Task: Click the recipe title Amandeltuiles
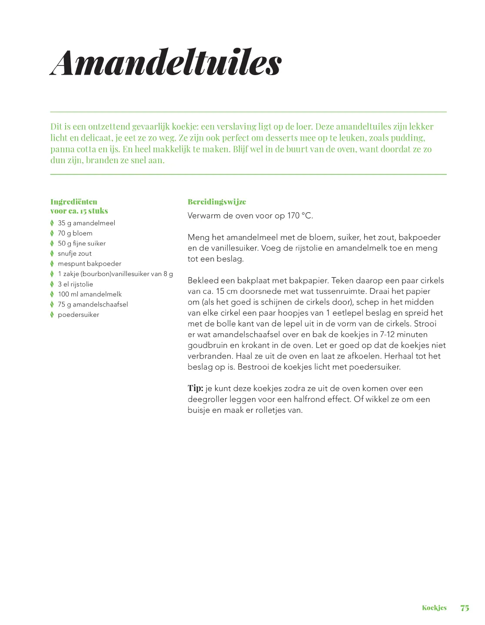[x=166, y=63]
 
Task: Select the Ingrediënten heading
[x=74, y=202]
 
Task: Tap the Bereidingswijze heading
[x=216, y=202]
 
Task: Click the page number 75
[x=465, y=608]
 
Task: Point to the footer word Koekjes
[x=434, y=608]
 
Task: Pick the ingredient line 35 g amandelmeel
[x=86, y=223]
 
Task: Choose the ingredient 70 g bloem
[x=75, y=234]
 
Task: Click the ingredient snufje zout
[x=75, y=253]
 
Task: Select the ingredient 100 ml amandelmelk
[x=90, y=294]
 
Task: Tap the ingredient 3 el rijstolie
[x=76, y=284]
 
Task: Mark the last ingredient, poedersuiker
[x=78, y=315]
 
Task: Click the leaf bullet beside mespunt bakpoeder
[x=52, y=263]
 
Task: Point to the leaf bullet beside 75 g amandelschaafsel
[x=52, y=304]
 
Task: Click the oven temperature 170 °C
[x=300, y=216]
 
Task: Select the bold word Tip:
[x=196, y=388]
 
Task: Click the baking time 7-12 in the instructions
[x=387, y=335]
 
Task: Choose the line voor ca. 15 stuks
[x=79, y=211]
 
